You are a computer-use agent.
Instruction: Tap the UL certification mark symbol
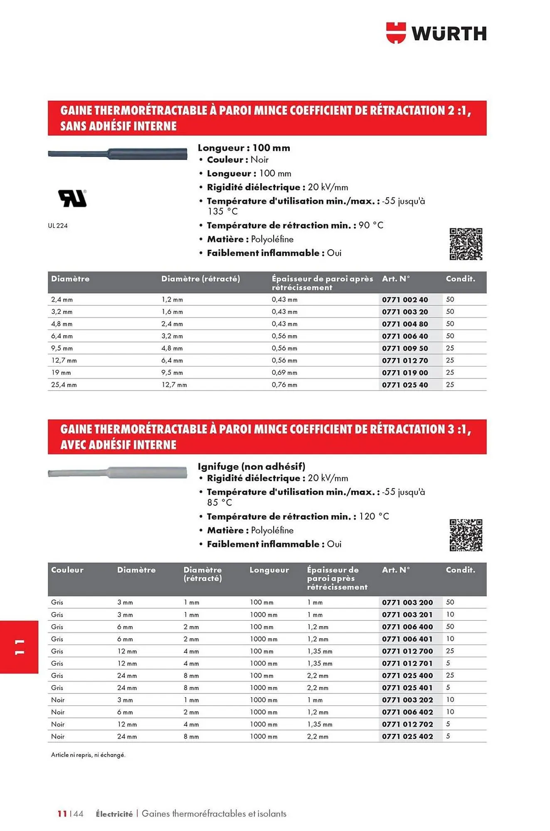72,198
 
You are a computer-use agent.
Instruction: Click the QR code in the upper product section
466,244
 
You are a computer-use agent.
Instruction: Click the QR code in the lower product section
466,535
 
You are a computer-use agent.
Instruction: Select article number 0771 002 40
405,300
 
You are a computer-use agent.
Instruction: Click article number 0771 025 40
405,385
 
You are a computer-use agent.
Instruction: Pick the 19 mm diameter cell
61,373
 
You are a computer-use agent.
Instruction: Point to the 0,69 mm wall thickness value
284,373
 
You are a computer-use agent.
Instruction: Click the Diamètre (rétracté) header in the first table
200,279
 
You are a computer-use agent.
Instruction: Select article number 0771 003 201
407,615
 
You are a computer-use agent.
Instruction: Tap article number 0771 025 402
407,736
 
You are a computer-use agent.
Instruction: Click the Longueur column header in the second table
269,570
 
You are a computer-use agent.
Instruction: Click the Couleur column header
67,570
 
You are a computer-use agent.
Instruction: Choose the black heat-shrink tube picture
118,154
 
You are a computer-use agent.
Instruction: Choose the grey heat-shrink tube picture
118,473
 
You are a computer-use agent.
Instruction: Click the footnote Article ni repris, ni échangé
88,755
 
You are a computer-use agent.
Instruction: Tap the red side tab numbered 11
20,647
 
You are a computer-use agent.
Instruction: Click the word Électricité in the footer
114,814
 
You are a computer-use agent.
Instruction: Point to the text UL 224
58,226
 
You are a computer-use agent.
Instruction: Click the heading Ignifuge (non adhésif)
252,466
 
